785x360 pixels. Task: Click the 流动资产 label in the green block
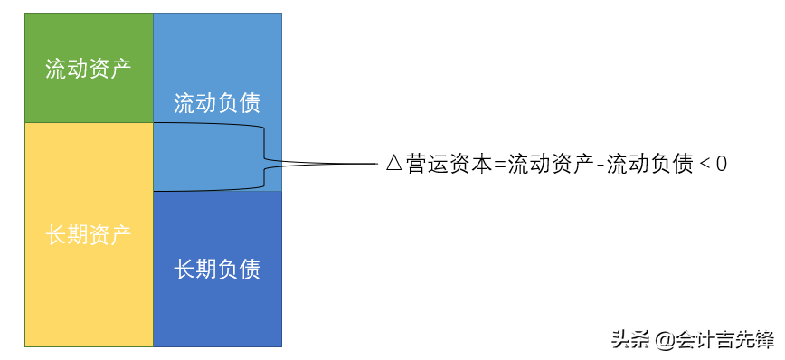pos(89,69)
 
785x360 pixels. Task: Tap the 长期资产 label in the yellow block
pos(89,235)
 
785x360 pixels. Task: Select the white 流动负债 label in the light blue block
pos(217,103)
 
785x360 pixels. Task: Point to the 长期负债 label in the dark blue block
pos(217,269)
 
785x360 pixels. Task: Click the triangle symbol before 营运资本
pos(393,164)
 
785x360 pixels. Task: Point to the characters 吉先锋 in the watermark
pos(747,340)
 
